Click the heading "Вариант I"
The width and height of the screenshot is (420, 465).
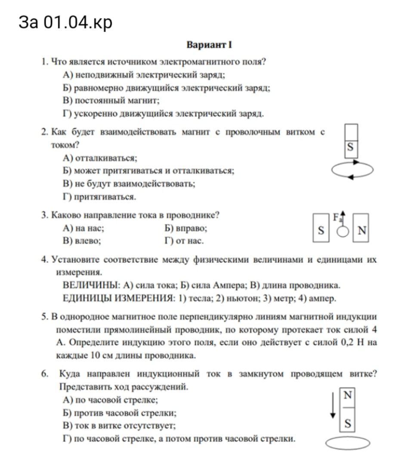pyautogui.click(x=210, y=45)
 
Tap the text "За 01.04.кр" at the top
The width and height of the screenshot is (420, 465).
pyautogui.click(x=65, y=22)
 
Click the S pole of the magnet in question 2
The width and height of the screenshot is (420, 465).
pyautogui.click(x=350, y=147)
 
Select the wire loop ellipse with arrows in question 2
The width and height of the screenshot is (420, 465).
pyautogui.click(x=352, y=170)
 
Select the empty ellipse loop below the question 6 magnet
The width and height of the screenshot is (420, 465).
pyautogui.click(x=348, y=443)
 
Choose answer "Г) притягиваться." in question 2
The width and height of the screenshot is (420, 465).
pyautogui.click(x=99, y=197)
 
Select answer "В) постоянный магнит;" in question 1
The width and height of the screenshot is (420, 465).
pyautogui.click(x=111, y=101)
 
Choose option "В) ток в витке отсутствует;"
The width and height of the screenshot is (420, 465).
pyautogui.click(x=119, y=425)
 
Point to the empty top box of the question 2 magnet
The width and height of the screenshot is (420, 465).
pyautogui.click(x=350, y=131)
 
